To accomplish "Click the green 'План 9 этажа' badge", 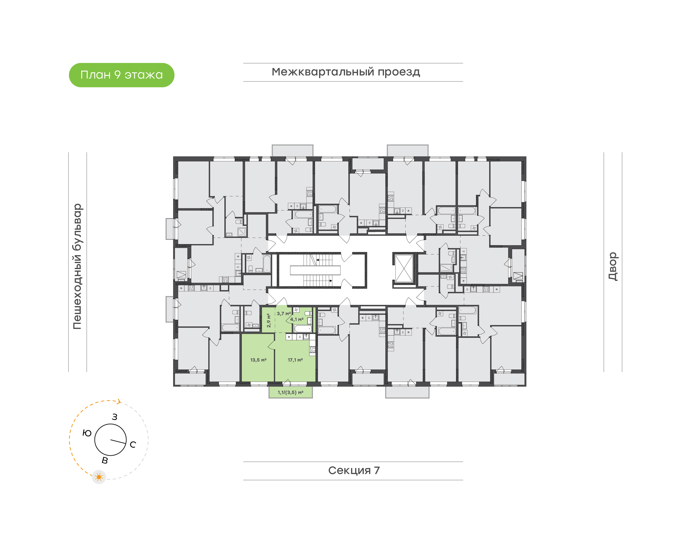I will coord(121,75).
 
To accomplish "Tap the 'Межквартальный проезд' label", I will coord(346,72).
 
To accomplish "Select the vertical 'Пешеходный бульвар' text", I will coord(77,266).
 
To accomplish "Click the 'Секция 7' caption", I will coord(353,470).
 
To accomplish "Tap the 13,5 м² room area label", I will coord(258,360).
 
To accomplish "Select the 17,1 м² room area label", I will coord(295,360).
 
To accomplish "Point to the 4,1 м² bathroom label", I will coord(297,319).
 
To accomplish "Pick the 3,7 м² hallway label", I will coord(284,314).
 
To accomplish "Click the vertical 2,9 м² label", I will coord(269,321).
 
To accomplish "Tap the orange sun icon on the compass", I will coord(99,477).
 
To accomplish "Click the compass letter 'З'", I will coord(114,417).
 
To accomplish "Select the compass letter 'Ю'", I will coord(87,433).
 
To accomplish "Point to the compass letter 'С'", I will coord(133,444).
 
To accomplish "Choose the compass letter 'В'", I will coord(105,460).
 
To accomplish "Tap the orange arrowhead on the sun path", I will coord(119,402).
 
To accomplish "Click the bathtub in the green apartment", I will coord(303,328).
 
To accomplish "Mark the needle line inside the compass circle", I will coord(118,441).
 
